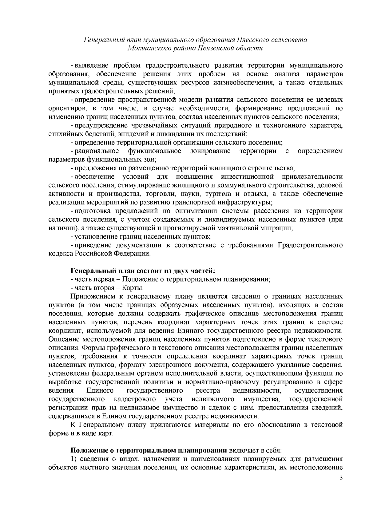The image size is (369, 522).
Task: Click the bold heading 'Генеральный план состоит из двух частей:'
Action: click(x=143, y=271)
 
